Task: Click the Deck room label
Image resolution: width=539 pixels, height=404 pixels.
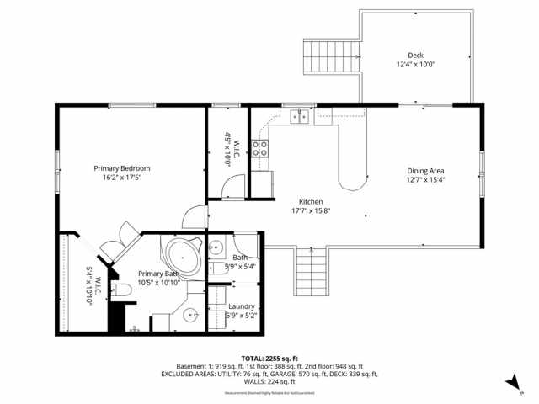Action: [x=415, y=56]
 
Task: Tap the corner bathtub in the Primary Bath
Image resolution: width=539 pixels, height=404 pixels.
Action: [x=180, y=254]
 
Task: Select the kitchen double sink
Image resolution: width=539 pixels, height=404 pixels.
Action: [x=299, y=117]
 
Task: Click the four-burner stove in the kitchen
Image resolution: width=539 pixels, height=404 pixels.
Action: [x=261, y=149]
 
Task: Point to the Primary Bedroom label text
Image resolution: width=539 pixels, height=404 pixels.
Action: [x=115, y=167]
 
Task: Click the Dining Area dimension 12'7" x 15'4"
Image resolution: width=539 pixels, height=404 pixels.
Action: [x=425, y=179]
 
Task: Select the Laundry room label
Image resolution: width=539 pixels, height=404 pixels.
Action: [x=241, y=306]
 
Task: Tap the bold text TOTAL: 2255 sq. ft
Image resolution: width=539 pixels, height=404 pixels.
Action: [x=269, y=358]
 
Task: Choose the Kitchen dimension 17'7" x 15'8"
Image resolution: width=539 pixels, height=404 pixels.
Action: [x=312, y=211]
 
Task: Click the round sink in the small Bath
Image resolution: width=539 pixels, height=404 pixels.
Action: [x=214, y=247]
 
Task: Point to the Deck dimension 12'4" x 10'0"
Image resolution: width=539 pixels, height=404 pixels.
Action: [x=415, y=65]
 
